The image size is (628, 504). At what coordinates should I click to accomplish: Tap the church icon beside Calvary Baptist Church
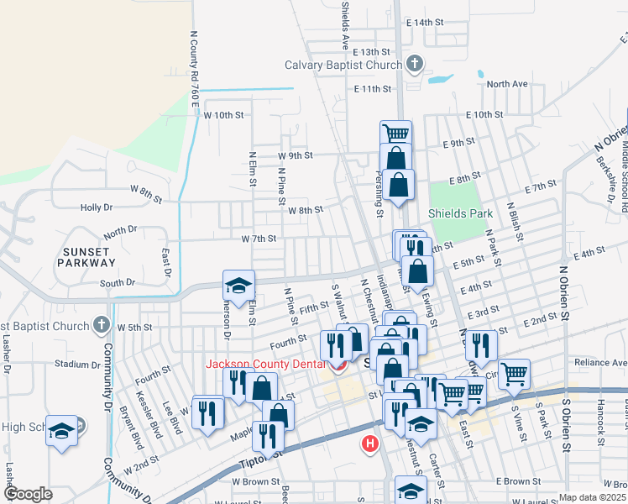pos(414,64)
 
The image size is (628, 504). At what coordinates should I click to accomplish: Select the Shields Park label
pos(461,213)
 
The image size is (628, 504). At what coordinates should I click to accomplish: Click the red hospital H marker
pos(369,444)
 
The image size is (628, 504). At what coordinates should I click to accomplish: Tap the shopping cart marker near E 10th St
pos(395,133)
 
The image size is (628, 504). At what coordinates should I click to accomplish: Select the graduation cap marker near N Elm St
pos(238,284)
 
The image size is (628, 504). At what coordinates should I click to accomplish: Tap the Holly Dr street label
pos(97,207)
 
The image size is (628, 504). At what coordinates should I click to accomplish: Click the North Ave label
pos(507,84)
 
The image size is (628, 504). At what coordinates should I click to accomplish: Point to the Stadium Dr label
pos(76,365)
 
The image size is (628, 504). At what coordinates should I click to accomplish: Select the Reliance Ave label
pos(600,363)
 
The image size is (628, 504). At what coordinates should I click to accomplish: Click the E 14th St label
pos(424,23)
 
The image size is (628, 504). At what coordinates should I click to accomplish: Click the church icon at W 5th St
pos(101,324)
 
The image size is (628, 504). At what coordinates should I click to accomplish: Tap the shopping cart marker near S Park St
pos(514,373)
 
